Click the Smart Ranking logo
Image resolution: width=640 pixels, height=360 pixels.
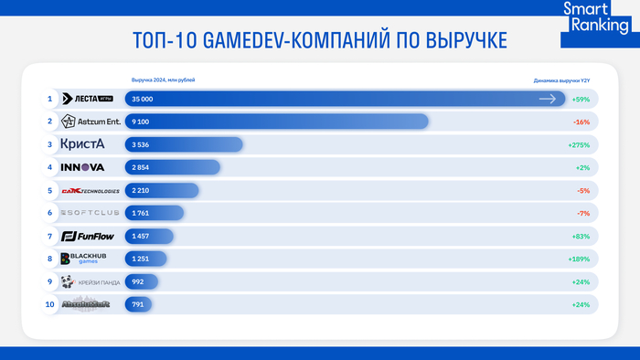pos(595,18)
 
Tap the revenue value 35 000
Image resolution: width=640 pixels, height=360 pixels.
pos(143,98)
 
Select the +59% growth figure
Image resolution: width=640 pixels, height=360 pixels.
pos(580,98)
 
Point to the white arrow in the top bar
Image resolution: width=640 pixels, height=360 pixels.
pos(548,98)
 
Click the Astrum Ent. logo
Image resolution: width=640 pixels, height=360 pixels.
pos(90,121)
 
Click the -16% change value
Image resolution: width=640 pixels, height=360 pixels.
pos(580,121)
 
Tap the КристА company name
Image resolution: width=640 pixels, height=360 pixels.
pos(82,143)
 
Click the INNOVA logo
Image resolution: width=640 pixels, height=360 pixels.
pos(82,167)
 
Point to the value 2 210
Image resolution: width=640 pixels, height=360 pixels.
pos(141,190)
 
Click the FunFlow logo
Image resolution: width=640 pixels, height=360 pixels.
pos(85,236)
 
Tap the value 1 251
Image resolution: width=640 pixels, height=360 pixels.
pos(141,259)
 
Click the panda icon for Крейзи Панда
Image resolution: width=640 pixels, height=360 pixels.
pos(68,281)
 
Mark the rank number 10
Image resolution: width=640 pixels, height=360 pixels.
pos(49,304)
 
